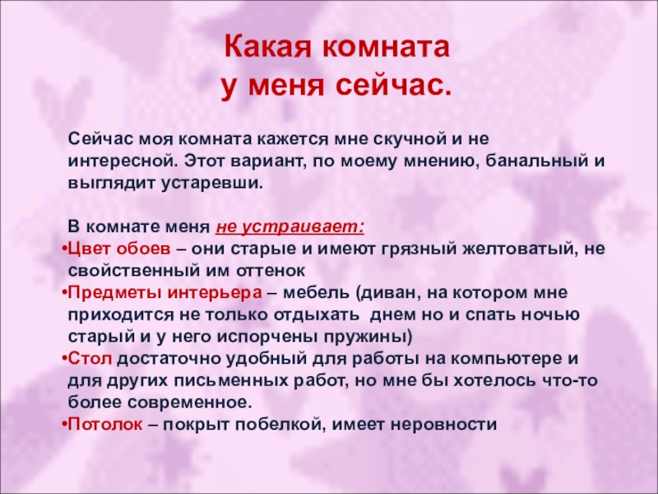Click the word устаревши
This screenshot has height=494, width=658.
point(212,184)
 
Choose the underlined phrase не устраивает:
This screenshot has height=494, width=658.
point(290,227)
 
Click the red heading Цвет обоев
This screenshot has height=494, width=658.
point(119,249)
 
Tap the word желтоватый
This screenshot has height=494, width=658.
point(517,249)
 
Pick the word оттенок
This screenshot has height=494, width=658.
point(271,271)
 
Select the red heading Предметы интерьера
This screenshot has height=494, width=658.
point(164,293)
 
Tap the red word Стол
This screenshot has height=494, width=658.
point(90,359)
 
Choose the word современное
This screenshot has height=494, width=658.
point(190,403)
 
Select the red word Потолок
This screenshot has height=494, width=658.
point(105,424)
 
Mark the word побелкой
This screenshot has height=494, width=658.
point(280,424)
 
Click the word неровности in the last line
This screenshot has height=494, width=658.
point(443,425)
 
